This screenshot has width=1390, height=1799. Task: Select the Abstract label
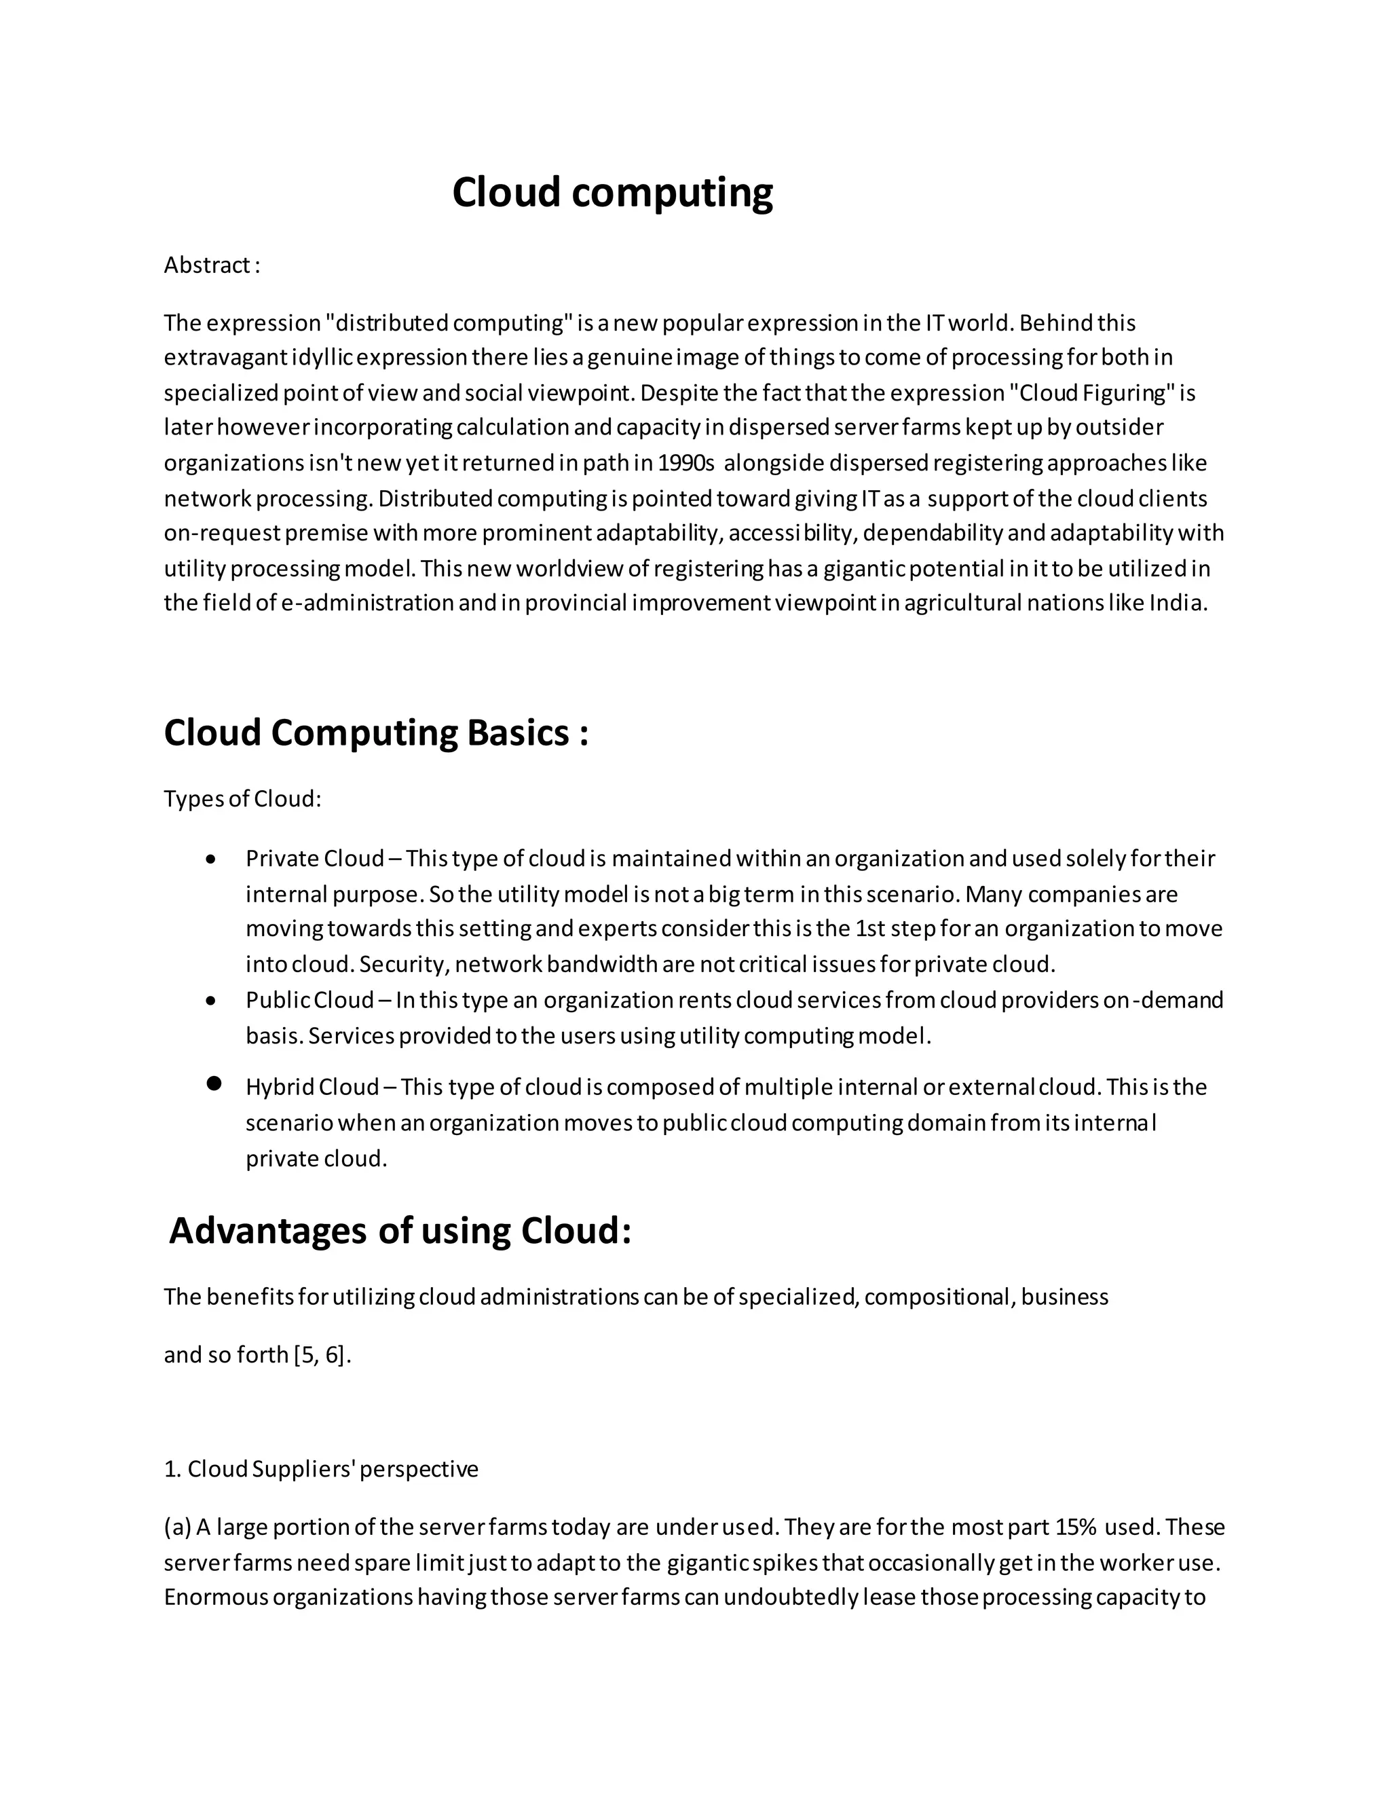pos(211,265)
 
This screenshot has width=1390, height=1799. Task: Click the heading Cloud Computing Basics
pos(375,732)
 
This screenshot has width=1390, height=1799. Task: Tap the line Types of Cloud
pos(242,799)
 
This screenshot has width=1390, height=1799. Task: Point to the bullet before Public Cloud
pos(212,1001)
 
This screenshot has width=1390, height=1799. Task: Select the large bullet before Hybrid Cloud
pos(214,1084)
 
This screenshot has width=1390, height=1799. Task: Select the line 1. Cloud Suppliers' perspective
pos(321,1470)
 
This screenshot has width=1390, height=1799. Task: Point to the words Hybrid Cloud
pos(312,1088)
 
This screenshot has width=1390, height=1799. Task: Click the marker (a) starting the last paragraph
pos(177,1527)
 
